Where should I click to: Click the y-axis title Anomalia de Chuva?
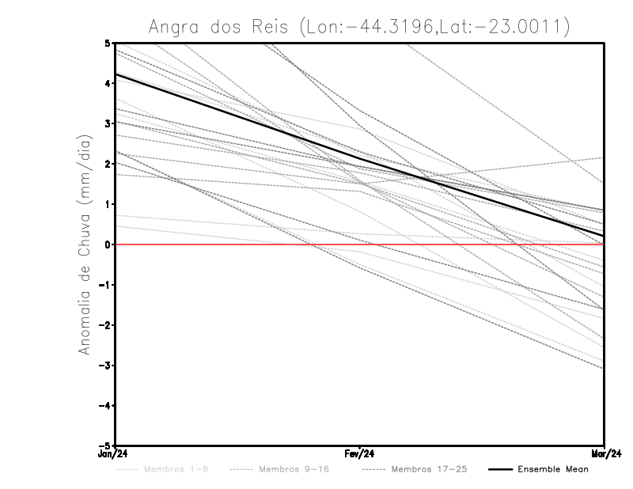coord(85,244)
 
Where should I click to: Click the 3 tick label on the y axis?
coord(107,123)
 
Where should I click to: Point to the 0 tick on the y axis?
coord(107,244)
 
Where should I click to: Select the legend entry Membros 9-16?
coord(294,469)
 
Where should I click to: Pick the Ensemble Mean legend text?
coord(552,469)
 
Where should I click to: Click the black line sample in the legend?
coord(498,469)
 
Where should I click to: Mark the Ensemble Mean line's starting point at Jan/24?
coord(116,74)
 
